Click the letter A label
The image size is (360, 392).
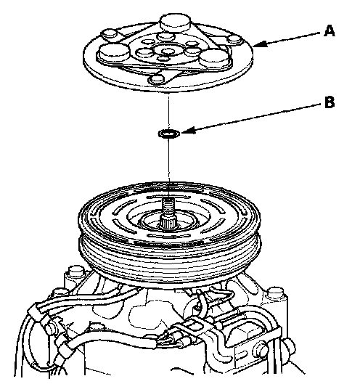pos(330,30)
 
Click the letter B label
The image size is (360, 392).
pos(330,102)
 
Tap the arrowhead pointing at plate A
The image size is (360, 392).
pos(261,44)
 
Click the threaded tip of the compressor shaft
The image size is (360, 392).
pos(168,205)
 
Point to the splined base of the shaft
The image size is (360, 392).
pos(168,221)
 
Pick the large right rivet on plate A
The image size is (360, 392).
pos(214,57)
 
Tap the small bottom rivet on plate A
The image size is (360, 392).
pos(157,79)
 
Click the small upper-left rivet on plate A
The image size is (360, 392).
pos(110,33)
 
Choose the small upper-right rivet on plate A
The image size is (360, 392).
pos(234,38)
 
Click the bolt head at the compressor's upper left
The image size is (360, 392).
pos(76,271)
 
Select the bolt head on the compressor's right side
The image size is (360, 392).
pos(276,293)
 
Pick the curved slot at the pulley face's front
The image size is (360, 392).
pos(168,235)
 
